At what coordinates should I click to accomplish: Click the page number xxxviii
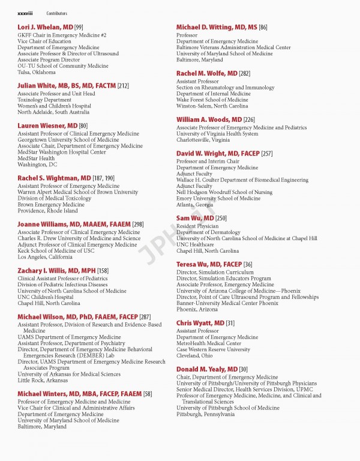(x=26, y=13)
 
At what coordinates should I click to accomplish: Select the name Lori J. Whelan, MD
(x=45, y=27)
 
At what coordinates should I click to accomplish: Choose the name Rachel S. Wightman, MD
(x=55, y=178)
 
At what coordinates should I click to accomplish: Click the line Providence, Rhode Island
(x=47, y=211)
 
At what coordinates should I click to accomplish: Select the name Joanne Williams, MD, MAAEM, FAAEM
(x=74, y=224)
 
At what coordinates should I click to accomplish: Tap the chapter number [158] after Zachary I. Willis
(x=103, y=271)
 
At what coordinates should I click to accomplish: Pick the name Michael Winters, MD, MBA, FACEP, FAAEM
(x=79, y=394)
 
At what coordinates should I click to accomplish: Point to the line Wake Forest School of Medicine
(x=212, y=100)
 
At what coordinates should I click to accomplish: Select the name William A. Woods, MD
(x=209, y=119)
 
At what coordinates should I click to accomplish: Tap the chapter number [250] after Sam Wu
(x=221, y=218)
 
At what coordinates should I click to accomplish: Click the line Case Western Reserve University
(x=213, y=349)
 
